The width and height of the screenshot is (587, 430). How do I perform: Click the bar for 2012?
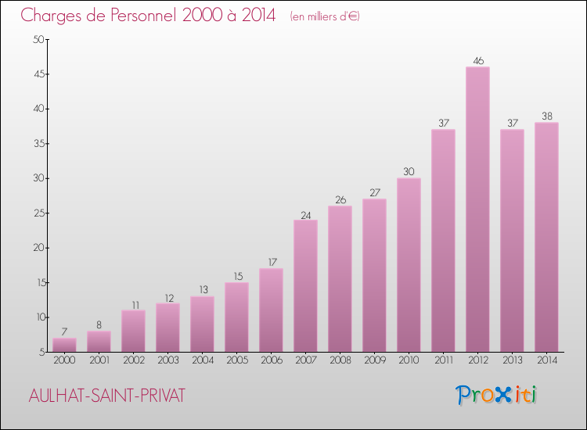(x=477, y=210)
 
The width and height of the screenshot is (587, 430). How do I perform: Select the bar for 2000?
(x=64, y=345)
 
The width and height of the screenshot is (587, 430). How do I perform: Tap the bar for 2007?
(x=305, y=286)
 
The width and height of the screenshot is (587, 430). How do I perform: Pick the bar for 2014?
(x=546, y=237)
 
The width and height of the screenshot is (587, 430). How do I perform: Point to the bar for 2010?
(x=409, y=265)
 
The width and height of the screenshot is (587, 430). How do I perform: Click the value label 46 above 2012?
(x=477, y=60)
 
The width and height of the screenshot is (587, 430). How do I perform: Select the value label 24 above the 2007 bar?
(x=305, y=213)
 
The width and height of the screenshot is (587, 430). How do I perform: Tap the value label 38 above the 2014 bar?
(x=546, y=116)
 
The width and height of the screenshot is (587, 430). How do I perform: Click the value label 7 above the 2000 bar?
(x=64, y=331)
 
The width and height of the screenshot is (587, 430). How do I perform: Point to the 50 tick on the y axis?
(x=38, y=40)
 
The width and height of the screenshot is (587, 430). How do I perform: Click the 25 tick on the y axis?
(x=38, y=213)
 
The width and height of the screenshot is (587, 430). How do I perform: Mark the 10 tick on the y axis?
(x=38, y=317)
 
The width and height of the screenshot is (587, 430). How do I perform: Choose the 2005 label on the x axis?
(x=236, y=360)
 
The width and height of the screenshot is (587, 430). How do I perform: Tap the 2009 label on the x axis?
(x=374, y=360)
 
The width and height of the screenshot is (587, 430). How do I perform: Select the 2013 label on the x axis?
(x=512, y=360)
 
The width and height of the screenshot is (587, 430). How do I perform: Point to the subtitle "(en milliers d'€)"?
(x=324, y=16)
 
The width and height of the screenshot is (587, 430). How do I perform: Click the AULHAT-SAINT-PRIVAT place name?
(x=106, y=396)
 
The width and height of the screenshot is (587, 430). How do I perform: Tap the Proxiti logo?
(x=496, y=395)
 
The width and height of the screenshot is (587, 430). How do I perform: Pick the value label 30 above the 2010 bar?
(x=409, y=171)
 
